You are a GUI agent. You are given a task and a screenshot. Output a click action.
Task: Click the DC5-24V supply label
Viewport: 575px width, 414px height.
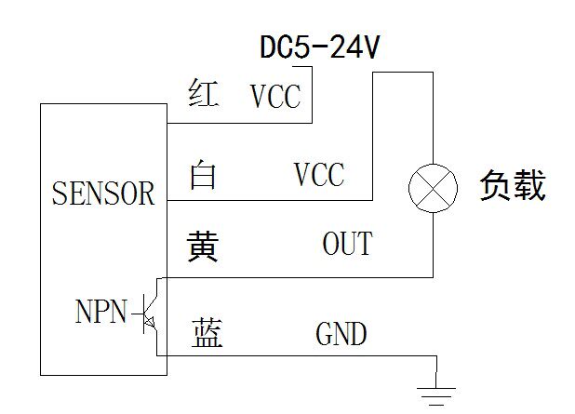coord(319,47)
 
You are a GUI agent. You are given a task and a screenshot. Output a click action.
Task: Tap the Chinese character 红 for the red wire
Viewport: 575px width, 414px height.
coord(204,93)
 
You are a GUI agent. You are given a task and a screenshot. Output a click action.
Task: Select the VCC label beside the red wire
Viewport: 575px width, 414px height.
coord(275,97)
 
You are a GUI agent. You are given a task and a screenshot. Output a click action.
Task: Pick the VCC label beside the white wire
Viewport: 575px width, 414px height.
coord(319,174)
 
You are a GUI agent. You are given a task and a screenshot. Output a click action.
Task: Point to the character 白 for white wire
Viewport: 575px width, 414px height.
coord(203,175)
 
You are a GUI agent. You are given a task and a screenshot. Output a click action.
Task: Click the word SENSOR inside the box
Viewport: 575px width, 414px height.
coord(103,193)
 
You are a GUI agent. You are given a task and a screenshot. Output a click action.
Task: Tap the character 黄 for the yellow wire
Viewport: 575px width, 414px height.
coord(203,246)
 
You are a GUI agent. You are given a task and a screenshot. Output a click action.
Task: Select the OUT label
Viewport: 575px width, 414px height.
coord(348,243)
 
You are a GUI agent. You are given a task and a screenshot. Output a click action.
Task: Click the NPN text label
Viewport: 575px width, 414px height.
coord(101,311)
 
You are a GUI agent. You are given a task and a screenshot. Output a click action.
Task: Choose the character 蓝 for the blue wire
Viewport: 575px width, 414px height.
coord(207,332)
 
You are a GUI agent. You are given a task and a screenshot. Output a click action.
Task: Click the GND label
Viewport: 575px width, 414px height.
coord(341,333)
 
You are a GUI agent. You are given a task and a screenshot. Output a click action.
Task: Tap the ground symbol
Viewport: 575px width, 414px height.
coord(436,396)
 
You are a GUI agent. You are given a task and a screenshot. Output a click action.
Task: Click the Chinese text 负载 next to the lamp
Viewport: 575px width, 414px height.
coord(513,185)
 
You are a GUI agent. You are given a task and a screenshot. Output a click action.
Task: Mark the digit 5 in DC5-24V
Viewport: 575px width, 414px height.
coord(301,47)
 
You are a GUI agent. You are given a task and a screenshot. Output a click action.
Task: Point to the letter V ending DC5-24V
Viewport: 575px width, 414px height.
coord(370,47)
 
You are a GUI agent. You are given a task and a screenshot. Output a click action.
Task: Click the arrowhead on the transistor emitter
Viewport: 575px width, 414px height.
coord(150,322)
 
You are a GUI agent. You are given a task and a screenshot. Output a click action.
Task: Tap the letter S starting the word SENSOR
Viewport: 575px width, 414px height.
coord(59,193)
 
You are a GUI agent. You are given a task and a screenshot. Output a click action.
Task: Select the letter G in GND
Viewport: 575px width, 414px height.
coord(324,333)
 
